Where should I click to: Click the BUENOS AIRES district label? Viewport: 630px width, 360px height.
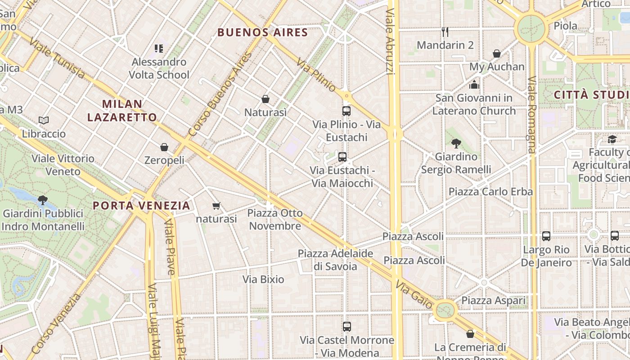(262, 32)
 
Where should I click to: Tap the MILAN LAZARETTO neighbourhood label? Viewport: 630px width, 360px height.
(122, 111)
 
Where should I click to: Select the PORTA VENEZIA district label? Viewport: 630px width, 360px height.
(141, 206)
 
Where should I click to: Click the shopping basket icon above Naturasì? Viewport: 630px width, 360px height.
(265, 99)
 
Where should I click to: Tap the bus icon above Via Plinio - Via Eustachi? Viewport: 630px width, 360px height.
(346, 111)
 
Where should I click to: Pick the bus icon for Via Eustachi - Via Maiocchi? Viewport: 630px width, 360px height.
(342, 157)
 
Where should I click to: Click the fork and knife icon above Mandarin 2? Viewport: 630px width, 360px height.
(445, 31)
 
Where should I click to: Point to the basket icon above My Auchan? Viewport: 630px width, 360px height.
(497, 54)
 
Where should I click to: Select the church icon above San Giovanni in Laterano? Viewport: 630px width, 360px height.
(474, 85)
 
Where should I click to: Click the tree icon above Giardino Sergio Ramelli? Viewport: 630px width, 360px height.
(456, 144)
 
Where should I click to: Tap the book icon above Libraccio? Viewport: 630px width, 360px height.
(44, 120)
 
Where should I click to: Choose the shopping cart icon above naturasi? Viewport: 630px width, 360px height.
(216, 206)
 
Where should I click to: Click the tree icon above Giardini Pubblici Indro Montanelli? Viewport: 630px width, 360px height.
(43, 200)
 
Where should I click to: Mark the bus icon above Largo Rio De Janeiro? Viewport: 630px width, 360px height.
(546, 236)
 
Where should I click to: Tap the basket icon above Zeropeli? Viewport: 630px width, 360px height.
(164, 147)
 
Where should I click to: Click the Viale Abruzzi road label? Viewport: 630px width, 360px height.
(390, 40)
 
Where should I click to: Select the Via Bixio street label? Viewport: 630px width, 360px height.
(263, 279)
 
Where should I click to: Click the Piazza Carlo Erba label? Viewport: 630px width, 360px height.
(490, 192)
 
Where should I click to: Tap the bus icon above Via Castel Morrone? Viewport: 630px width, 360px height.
(346, 327)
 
